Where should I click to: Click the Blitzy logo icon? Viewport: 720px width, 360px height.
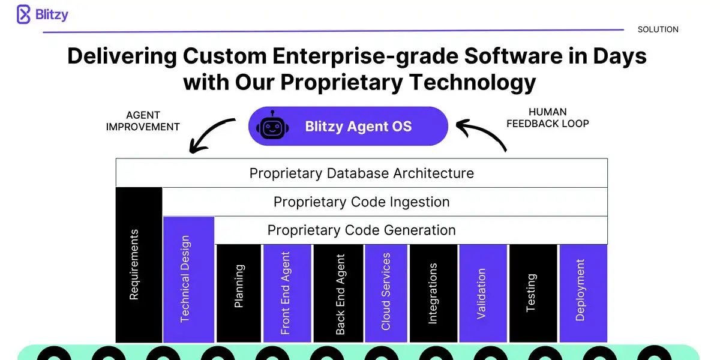point(23,14)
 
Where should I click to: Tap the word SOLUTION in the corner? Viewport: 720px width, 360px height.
point(658,29)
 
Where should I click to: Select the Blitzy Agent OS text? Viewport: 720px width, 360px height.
point(358,127)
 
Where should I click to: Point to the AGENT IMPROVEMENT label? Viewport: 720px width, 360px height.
point(143,121)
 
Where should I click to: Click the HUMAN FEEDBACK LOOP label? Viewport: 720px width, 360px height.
point(548,118)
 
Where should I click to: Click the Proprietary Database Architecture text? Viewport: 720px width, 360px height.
point(362,173)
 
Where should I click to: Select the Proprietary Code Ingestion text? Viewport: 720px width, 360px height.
point(362,202)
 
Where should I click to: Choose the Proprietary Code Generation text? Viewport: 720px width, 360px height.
point(362,230)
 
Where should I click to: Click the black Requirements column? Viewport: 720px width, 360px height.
point(139,265)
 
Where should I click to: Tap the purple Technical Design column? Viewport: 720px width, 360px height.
point(188,280)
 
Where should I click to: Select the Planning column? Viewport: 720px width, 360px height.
point(239,293)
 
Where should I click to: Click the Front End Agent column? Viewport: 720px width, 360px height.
point(287,293)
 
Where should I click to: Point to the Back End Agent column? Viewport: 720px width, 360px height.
point(338,293)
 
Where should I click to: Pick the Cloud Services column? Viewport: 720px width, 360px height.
point(386,293)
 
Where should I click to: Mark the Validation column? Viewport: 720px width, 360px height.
point(483,293)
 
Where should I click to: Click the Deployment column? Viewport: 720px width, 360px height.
point(583,293)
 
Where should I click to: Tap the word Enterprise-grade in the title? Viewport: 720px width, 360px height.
point(365,56)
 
